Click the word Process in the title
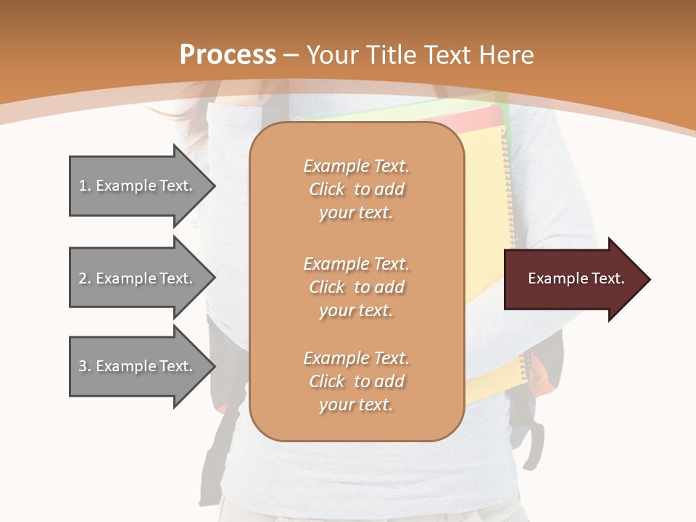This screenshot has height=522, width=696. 228,55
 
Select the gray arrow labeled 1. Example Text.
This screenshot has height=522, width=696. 138,186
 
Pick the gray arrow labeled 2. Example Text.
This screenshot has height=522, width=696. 138,278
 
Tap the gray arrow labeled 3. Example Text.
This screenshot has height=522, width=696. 138,366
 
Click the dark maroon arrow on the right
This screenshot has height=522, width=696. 573,279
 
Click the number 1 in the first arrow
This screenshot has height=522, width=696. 83,186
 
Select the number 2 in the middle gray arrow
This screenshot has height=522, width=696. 83,278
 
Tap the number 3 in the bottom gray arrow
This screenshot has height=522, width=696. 83,366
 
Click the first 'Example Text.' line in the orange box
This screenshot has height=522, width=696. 356,166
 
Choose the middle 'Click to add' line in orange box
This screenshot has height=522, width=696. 356,287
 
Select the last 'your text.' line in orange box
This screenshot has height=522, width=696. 356,405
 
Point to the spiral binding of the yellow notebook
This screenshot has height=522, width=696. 506,217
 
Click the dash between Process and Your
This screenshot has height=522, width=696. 291,56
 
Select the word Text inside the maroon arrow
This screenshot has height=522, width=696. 608,278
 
